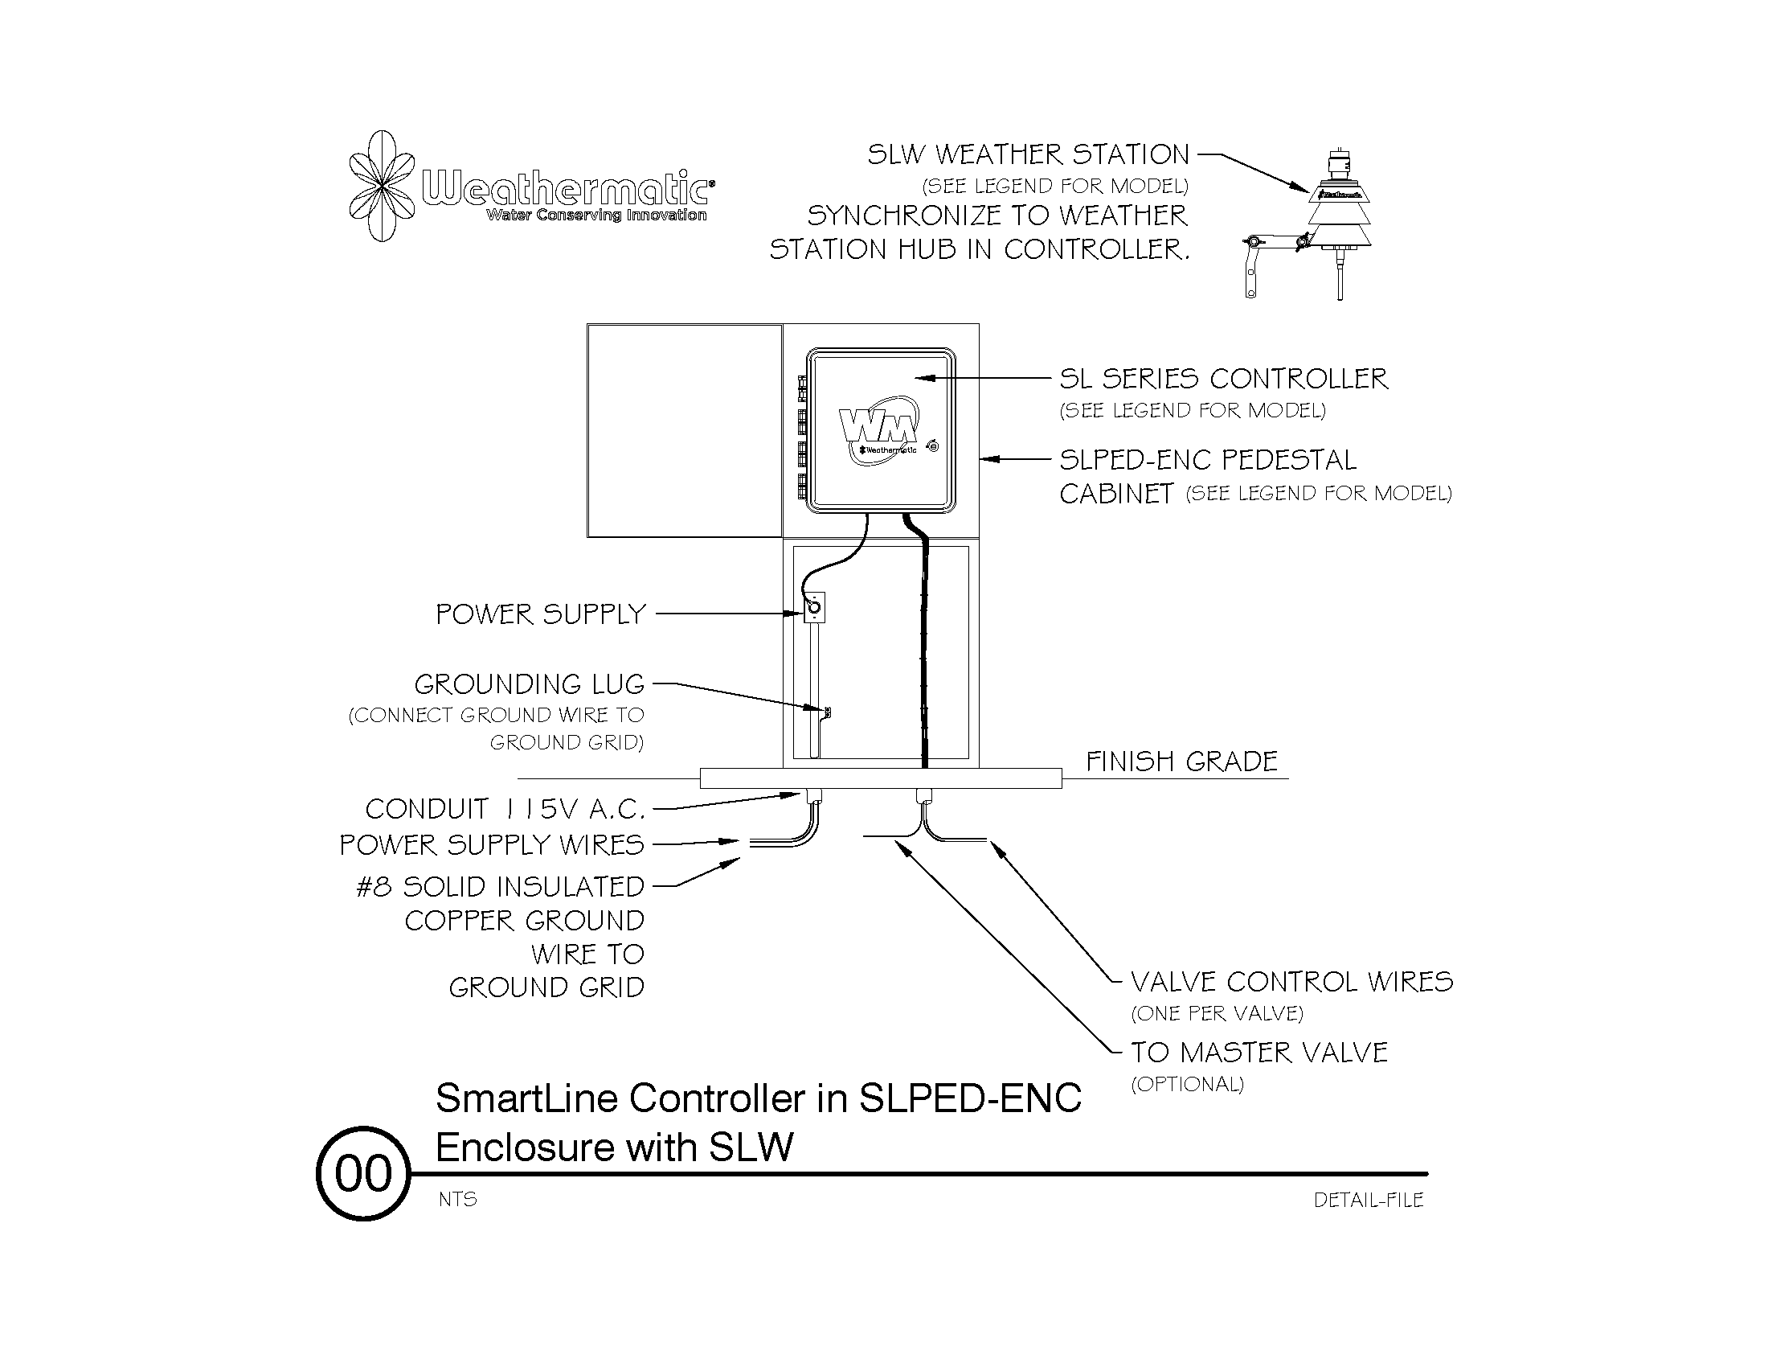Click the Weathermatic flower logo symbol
(x=381, y=187)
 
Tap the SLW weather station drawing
(x=1339, y=215)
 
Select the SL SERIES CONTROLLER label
(x=1223, y=379)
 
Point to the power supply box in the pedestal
(x=813, y=607)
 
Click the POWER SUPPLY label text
(x=541, y=614)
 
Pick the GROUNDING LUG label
(x=530, y=685)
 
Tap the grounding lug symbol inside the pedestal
(x=826, y=712)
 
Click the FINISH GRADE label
(x=1181, y=762)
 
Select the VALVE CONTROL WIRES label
(x=1291, y=983)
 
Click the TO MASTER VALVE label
(x=1258, y=1053)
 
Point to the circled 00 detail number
(x=363, y=1173)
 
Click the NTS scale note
(x=458, y=1200)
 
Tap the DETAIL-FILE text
(x=1368, y=1201)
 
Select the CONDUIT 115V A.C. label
(x=505, y=809)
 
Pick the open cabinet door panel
(x=684, y=430)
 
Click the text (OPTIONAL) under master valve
(x=1187, y=1085)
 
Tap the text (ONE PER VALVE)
(x=1217, y=1014)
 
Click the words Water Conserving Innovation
(x=595, y=216)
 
